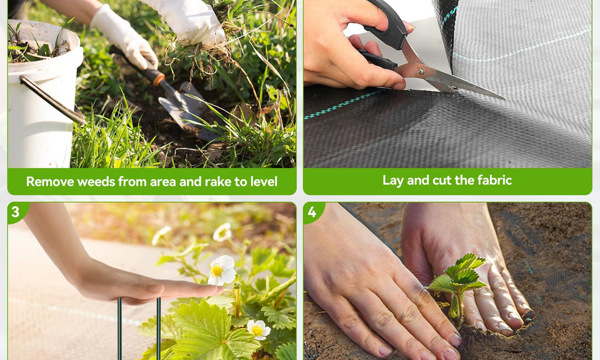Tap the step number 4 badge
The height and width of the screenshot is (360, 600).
(312, 211)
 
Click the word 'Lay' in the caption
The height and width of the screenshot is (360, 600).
(393, 181)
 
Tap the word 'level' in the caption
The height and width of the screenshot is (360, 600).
(264, 181)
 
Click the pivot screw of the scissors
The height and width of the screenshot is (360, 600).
(421, 71)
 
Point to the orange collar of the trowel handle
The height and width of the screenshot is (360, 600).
(158, 77)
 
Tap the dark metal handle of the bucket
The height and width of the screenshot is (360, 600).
(52, 99)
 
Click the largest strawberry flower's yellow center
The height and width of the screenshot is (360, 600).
(217, 271)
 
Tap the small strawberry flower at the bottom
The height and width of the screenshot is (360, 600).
(258, 330)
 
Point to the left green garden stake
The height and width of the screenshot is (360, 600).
(120, 329)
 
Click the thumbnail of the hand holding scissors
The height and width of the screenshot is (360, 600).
(408, 26)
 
